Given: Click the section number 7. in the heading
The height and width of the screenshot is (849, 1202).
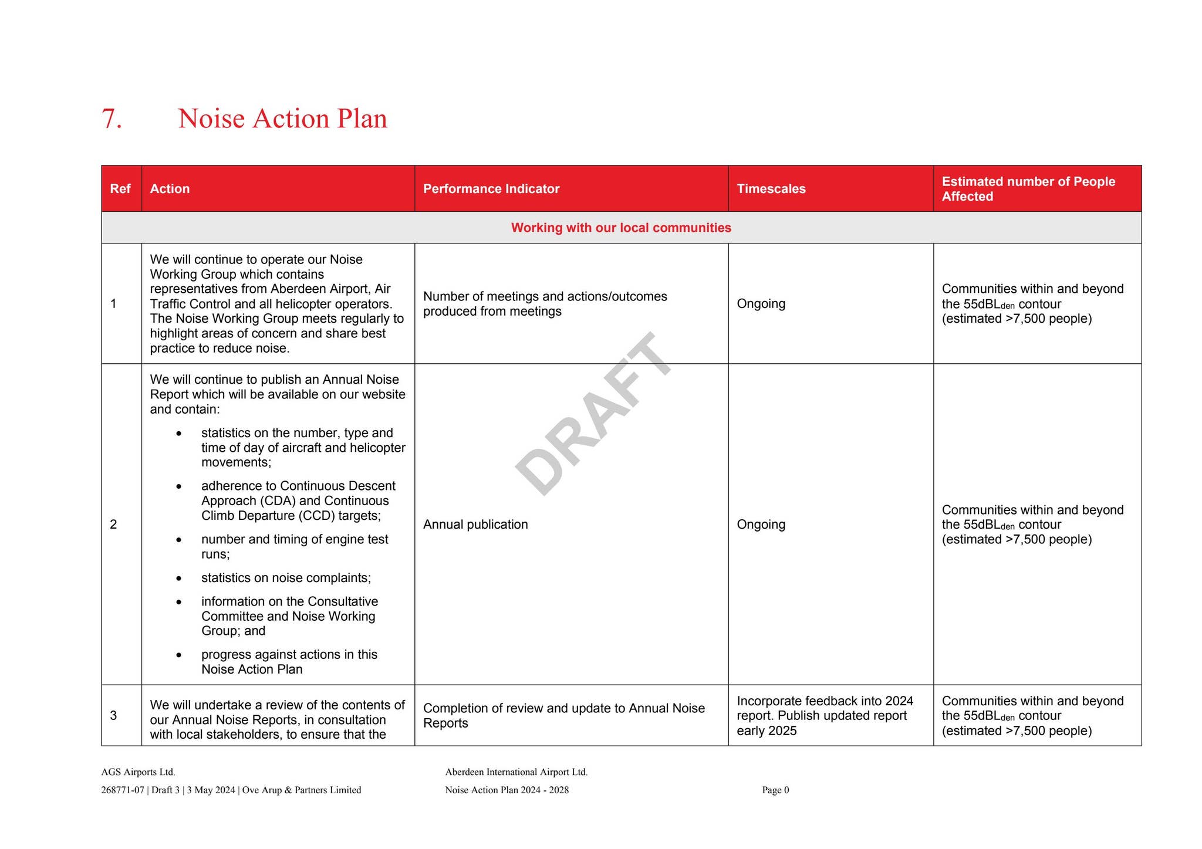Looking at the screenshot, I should [x=112, y=119].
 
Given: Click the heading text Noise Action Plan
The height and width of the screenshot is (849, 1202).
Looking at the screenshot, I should [x=282, y=119].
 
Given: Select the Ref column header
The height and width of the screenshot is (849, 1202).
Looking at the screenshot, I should [x=120, y=189].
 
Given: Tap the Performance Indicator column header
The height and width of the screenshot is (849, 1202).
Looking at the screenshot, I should [x=491, y=189].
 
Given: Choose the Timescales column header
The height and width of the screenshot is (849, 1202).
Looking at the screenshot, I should [x=771, y=189].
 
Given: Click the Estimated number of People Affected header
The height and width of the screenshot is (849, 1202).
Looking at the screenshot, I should [x=1028, y=189].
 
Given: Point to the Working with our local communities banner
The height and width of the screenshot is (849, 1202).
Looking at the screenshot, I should [x=620, y=228].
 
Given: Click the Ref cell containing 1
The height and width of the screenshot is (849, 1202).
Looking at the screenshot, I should [x=113, y=303].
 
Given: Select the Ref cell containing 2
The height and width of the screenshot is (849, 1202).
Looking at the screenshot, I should [x=113, y=524].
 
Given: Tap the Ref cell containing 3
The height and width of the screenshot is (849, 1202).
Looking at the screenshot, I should [x=113, y=715].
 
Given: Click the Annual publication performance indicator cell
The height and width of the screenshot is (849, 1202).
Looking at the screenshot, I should [x=475, y=525].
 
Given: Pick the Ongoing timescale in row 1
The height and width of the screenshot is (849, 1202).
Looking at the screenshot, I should [x=761, y=303].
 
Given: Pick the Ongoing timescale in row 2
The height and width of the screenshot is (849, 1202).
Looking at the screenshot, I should [x=761, y=525].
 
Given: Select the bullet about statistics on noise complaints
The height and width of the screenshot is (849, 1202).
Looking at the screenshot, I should [x=286, y=578].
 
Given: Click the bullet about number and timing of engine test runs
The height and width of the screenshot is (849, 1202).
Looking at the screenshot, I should [x=294, y=546].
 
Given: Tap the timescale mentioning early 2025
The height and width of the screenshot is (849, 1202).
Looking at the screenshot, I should [x=824, y=716].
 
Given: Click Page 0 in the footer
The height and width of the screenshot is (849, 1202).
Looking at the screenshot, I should [x=775, y=790].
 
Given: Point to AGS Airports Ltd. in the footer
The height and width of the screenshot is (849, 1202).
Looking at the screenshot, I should [x=138, y=772].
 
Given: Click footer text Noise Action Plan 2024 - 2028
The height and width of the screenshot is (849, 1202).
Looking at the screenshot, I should [x=507, y=790].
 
